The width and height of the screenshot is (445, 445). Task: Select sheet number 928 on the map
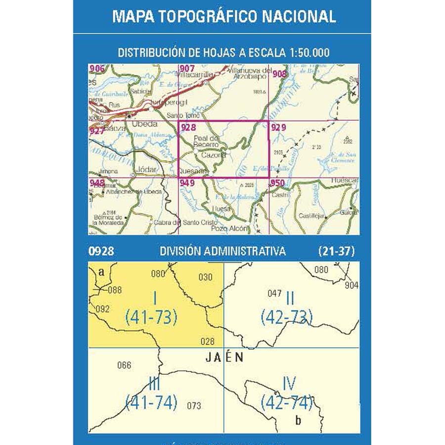point(188,128)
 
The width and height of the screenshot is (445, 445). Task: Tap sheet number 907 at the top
point(187,68)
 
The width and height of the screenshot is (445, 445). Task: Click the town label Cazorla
point(214,155)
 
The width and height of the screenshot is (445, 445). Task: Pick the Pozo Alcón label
point(228,229)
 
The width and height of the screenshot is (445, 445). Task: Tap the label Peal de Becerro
point(206,141)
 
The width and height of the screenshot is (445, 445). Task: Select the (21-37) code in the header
point(336,251)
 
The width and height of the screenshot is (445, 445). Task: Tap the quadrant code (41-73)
point(151,317)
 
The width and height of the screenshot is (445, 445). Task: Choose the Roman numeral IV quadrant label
point(289,384)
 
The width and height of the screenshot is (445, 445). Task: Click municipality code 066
point(124,365)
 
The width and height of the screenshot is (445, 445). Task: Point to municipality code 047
point(274,293)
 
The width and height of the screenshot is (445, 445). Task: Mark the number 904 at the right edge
point(352,285)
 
